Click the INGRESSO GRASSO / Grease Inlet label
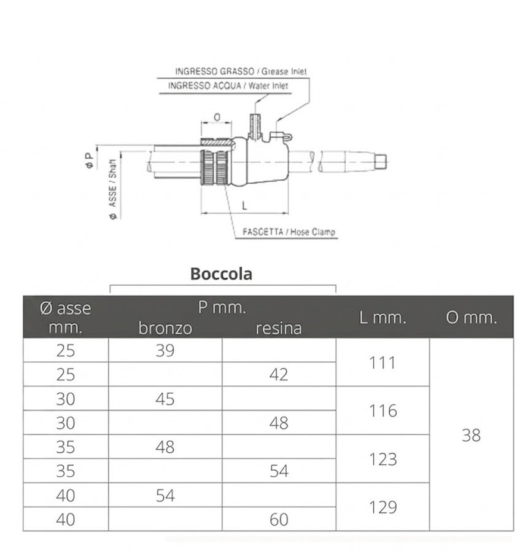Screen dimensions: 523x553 pos(241,71)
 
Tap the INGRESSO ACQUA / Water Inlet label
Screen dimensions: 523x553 pos(228,85)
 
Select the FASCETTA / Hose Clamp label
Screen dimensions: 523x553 pos(289,232)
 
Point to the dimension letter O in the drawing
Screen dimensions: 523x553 pos(217,117)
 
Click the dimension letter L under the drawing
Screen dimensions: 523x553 pos(244,206)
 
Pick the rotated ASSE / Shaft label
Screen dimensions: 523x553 pos(113,189)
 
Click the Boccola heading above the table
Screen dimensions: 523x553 pos(222,273)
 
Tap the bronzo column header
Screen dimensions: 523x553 pos(165,328)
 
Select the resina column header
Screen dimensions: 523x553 pos(279,328)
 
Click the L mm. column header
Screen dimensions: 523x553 pos(382,318)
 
